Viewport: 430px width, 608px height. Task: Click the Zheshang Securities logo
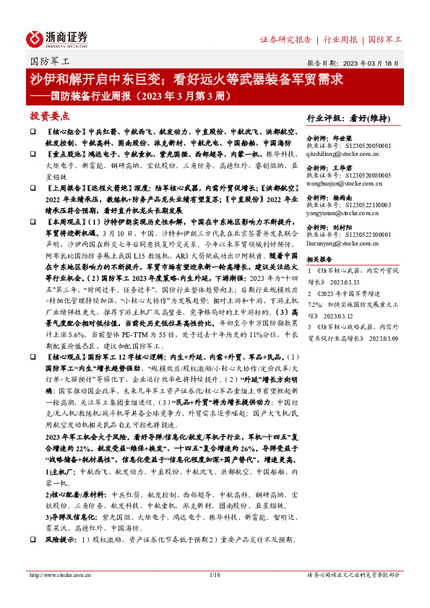point(58,38)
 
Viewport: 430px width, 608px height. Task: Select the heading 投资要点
point(49,116)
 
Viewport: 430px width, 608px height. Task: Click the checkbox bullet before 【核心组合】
point(33,134)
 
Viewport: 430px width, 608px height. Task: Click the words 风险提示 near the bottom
point(62,539)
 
